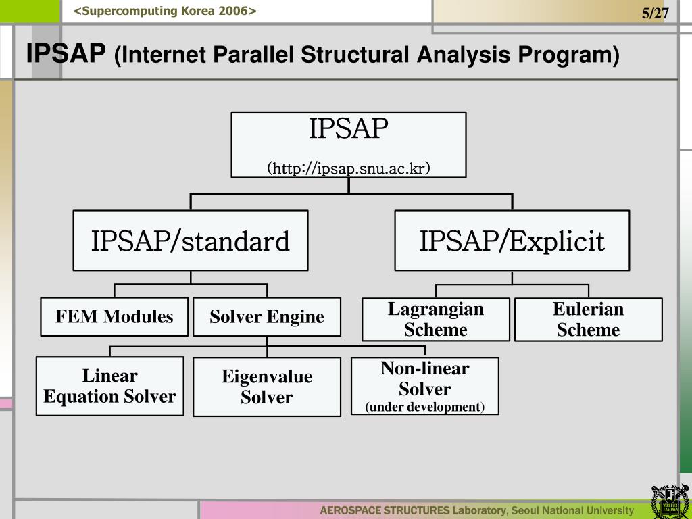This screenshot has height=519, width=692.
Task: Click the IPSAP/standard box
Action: pos(191,241)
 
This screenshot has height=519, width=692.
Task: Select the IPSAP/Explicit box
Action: pos(512,241)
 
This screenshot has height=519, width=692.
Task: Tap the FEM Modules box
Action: pos(114,316)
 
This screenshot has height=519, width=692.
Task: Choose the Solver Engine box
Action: pos(267,317)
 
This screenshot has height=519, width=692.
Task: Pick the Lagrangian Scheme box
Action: pos(436,320)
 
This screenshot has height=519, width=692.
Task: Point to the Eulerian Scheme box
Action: pos(588,320)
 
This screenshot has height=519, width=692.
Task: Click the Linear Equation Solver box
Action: pos(109,386)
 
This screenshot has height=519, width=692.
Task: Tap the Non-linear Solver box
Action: pos(424,386)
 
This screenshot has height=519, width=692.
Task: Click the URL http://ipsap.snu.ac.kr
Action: pos(349,168)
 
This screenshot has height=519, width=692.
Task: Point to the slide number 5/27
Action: pos(655,14)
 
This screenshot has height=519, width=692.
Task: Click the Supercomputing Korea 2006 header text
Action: pos(166,11)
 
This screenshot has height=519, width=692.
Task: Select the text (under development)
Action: pos(424,407)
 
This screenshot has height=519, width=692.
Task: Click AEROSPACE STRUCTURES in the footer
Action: pos(385,510)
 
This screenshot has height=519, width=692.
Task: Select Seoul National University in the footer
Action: pos(573,510)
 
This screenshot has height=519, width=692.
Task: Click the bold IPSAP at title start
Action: pos(66,53)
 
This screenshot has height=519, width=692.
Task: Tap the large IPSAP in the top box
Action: pos(349,128)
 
